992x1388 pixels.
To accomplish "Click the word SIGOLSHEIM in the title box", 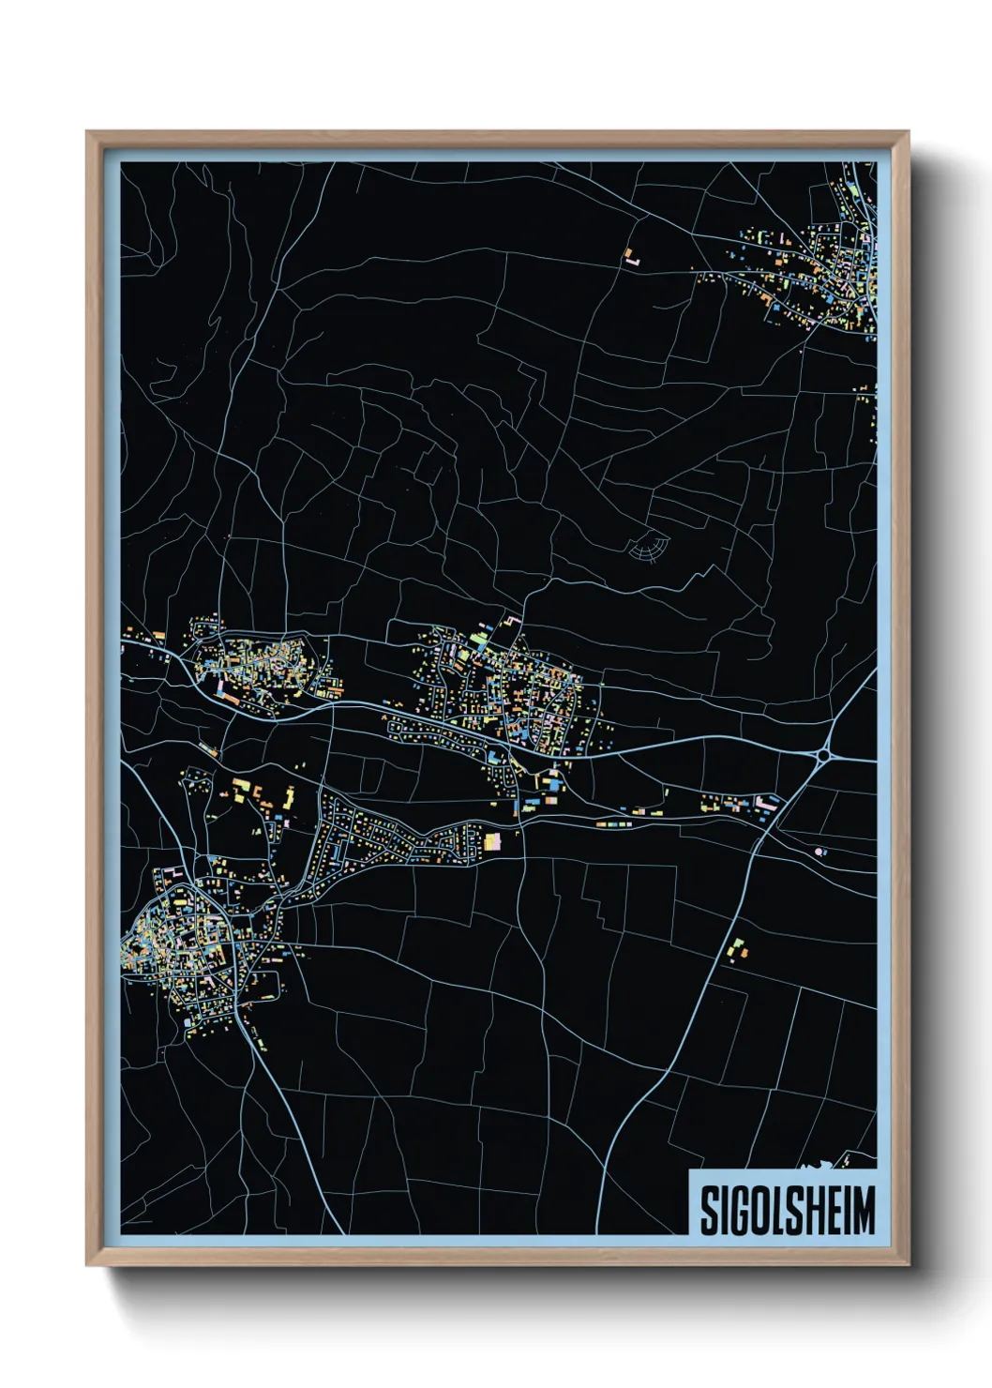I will tap(787, 1211).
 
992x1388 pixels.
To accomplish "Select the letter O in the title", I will tap(755, 1211).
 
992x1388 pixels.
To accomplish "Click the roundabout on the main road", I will tap(825, 754).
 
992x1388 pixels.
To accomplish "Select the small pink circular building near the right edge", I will tap(820, 852).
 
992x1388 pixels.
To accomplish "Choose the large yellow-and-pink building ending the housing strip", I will tap(493, 841).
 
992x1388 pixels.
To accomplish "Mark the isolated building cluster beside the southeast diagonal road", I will tap(738, 949).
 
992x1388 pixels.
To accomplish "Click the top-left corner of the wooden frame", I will tap(87, 132).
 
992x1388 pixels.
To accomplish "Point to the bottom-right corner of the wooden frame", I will tap(908, 1265).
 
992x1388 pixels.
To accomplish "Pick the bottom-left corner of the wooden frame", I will tap(87, 1265).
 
